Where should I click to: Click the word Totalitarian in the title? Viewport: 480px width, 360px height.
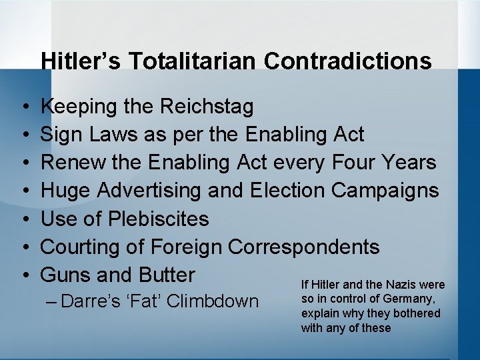click(x=192, y=61)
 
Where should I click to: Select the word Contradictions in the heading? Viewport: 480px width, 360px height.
click(x=348, y=61)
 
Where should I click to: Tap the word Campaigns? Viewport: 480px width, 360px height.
click(x=385, y=191)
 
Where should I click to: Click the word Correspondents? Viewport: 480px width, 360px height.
click(x=304, y=247)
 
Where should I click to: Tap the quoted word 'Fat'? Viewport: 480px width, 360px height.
click(x=143, y=301)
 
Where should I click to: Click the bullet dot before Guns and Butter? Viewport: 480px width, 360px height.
click(x=24, y=275)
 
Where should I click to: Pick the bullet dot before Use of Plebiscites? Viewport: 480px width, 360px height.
click(x=24, y=219)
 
